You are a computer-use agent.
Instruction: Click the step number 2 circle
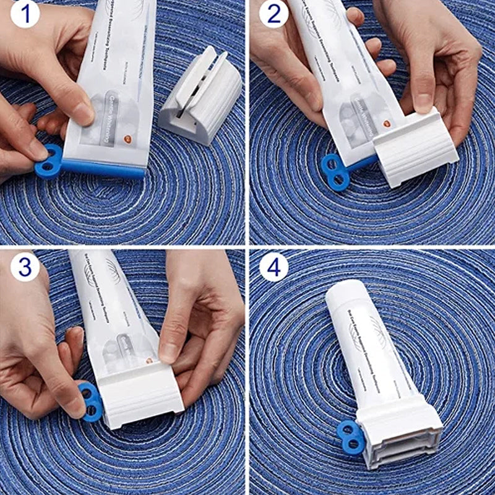coord(273,14)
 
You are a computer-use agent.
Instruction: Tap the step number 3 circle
coord(23,267)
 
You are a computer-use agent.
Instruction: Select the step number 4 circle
coord(273,267)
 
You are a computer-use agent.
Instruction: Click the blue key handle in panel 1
coord(48,161)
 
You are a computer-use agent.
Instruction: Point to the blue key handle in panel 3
coord(91,401)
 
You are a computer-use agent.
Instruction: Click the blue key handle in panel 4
coord(351,437)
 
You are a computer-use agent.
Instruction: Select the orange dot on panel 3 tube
coord(148,361)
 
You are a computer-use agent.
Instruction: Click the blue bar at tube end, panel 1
coord(102,168)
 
